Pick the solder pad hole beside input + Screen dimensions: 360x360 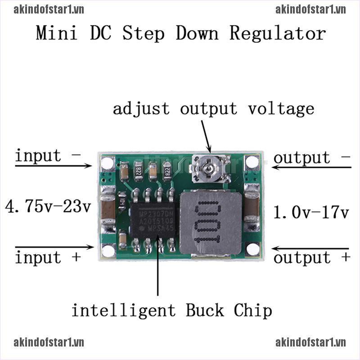pyautogui.click(x=108, y=250)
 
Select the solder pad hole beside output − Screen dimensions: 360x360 pyautogui.click(x=252, y=162)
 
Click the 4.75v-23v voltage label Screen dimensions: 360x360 pyautogui.click(x=48, y=207)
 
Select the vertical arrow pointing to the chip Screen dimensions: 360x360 pyautogui.click(x=157, y=265)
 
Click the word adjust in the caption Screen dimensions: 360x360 pyautogui.click(x=141, y=108)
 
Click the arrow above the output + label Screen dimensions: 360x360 pyautogui.click(x=310, y=248)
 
